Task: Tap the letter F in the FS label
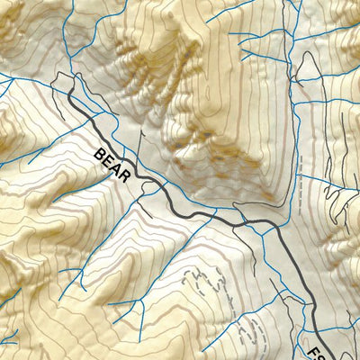(x=318, y=349)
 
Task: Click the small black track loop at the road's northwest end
(x=61, y=83)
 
